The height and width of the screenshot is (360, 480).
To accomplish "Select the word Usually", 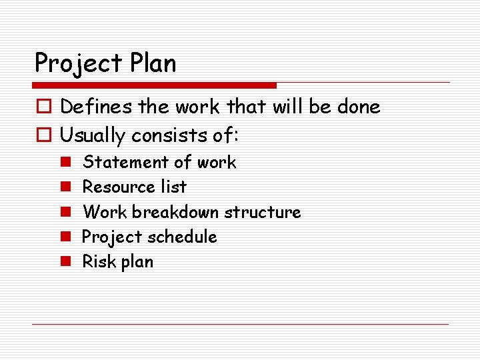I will tap(93, 136).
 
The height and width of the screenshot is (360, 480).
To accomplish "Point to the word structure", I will tap(263, 212).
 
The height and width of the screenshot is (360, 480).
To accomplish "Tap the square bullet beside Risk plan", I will tap(66, 262).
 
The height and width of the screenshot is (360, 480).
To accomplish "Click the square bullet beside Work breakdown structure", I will tap(66, 213).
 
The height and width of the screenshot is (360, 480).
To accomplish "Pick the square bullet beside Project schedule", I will tap(66, 237).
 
